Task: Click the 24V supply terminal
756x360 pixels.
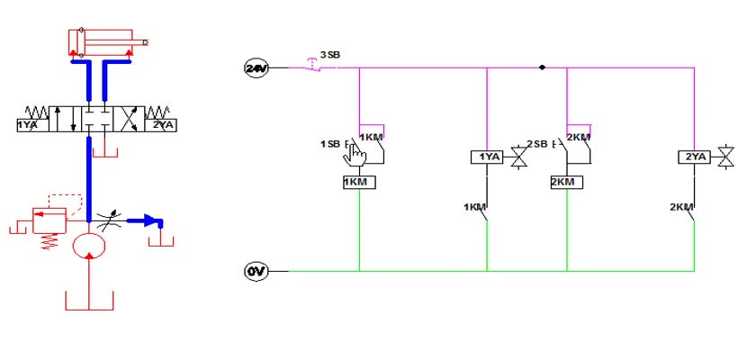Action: coord(256,68)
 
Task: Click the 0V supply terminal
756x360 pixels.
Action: coord(256,272)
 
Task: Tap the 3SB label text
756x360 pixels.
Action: coord(330,55)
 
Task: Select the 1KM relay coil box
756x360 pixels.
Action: coord(359,182)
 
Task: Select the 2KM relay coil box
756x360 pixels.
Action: coord(567,182)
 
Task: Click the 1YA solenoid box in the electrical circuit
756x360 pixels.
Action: coord(487,157)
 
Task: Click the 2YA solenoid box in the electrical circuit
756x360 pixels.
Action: coord(694,157)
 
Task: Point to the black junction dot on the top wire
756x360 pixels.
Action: coord(543,67)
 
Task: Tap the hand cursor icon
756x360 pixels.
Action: coord(355,156)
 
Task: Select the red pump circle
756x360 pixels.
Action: coord(89,246)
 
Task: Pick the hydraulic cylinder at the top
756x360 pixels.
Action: coord(108,42)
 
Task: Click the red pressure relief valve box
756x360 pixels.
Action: coord(49,220)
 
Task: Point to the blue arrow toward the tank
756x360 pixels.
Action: coord(145,221)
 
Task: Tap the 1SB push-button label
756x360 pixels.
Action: coord(330,144)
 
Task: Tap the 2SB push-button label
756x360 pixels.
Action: coord(537,144)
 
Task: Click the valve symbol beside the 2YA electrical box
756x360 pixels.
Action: coord(725,157)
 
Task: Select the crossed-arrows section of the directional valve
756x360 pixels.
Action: coord(129,119)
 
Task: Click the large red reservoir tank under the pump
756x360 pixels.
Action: coord(89,301)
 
